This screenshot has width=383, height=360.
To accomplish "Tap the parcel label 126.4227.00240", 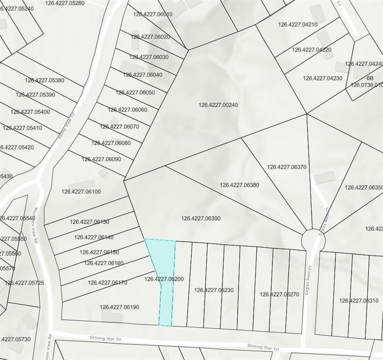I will tap(218, 105).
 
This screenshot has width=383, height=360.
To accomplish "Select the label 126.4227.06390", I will tap(201, 218).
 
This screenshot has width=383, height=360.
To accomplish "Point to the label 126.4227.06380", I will tap(239, 185).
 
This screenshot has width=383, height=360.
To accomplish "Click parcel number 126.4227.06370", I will tap(286, 167).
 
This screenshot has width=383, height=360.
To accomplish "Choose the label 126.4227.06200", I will tap(164, 279).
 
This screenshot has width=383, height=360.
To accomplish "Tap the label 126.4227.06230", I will tap(214, 290).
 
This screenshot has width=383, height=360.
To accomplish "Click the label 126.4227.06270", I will tap(279, 294).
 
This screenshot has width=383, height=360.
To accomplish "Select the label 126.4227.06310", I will tap(359, 300).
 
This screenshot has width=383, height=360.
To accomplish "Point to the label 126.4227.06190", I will tap(119, 307).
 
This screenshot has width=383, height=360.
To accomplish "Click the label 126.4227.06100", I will tap(81, 191).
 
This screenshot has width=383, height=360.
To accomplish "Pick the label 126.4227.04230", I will tap(323, 78).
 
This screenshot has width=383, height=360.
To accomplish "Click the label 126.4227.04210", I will tap(298, 24).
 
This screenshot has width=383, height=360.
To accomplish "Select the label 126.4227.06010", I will tap(153, 14).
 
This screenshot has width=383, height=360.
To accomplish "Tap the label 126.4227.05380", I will tap(45, 80).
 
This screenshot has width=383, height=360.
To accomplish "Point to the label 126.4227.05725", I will tap(24, 283).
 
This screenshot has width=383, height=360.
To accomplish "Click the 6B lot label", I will tap(370, 78).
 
